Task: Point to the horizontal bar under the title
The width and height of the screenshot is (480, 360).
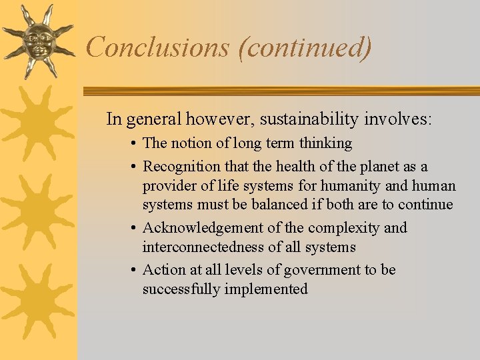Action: click(x=280, y=91)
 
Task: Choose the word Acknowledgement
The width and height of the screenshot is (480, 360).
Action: click(x=203, y=228)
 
